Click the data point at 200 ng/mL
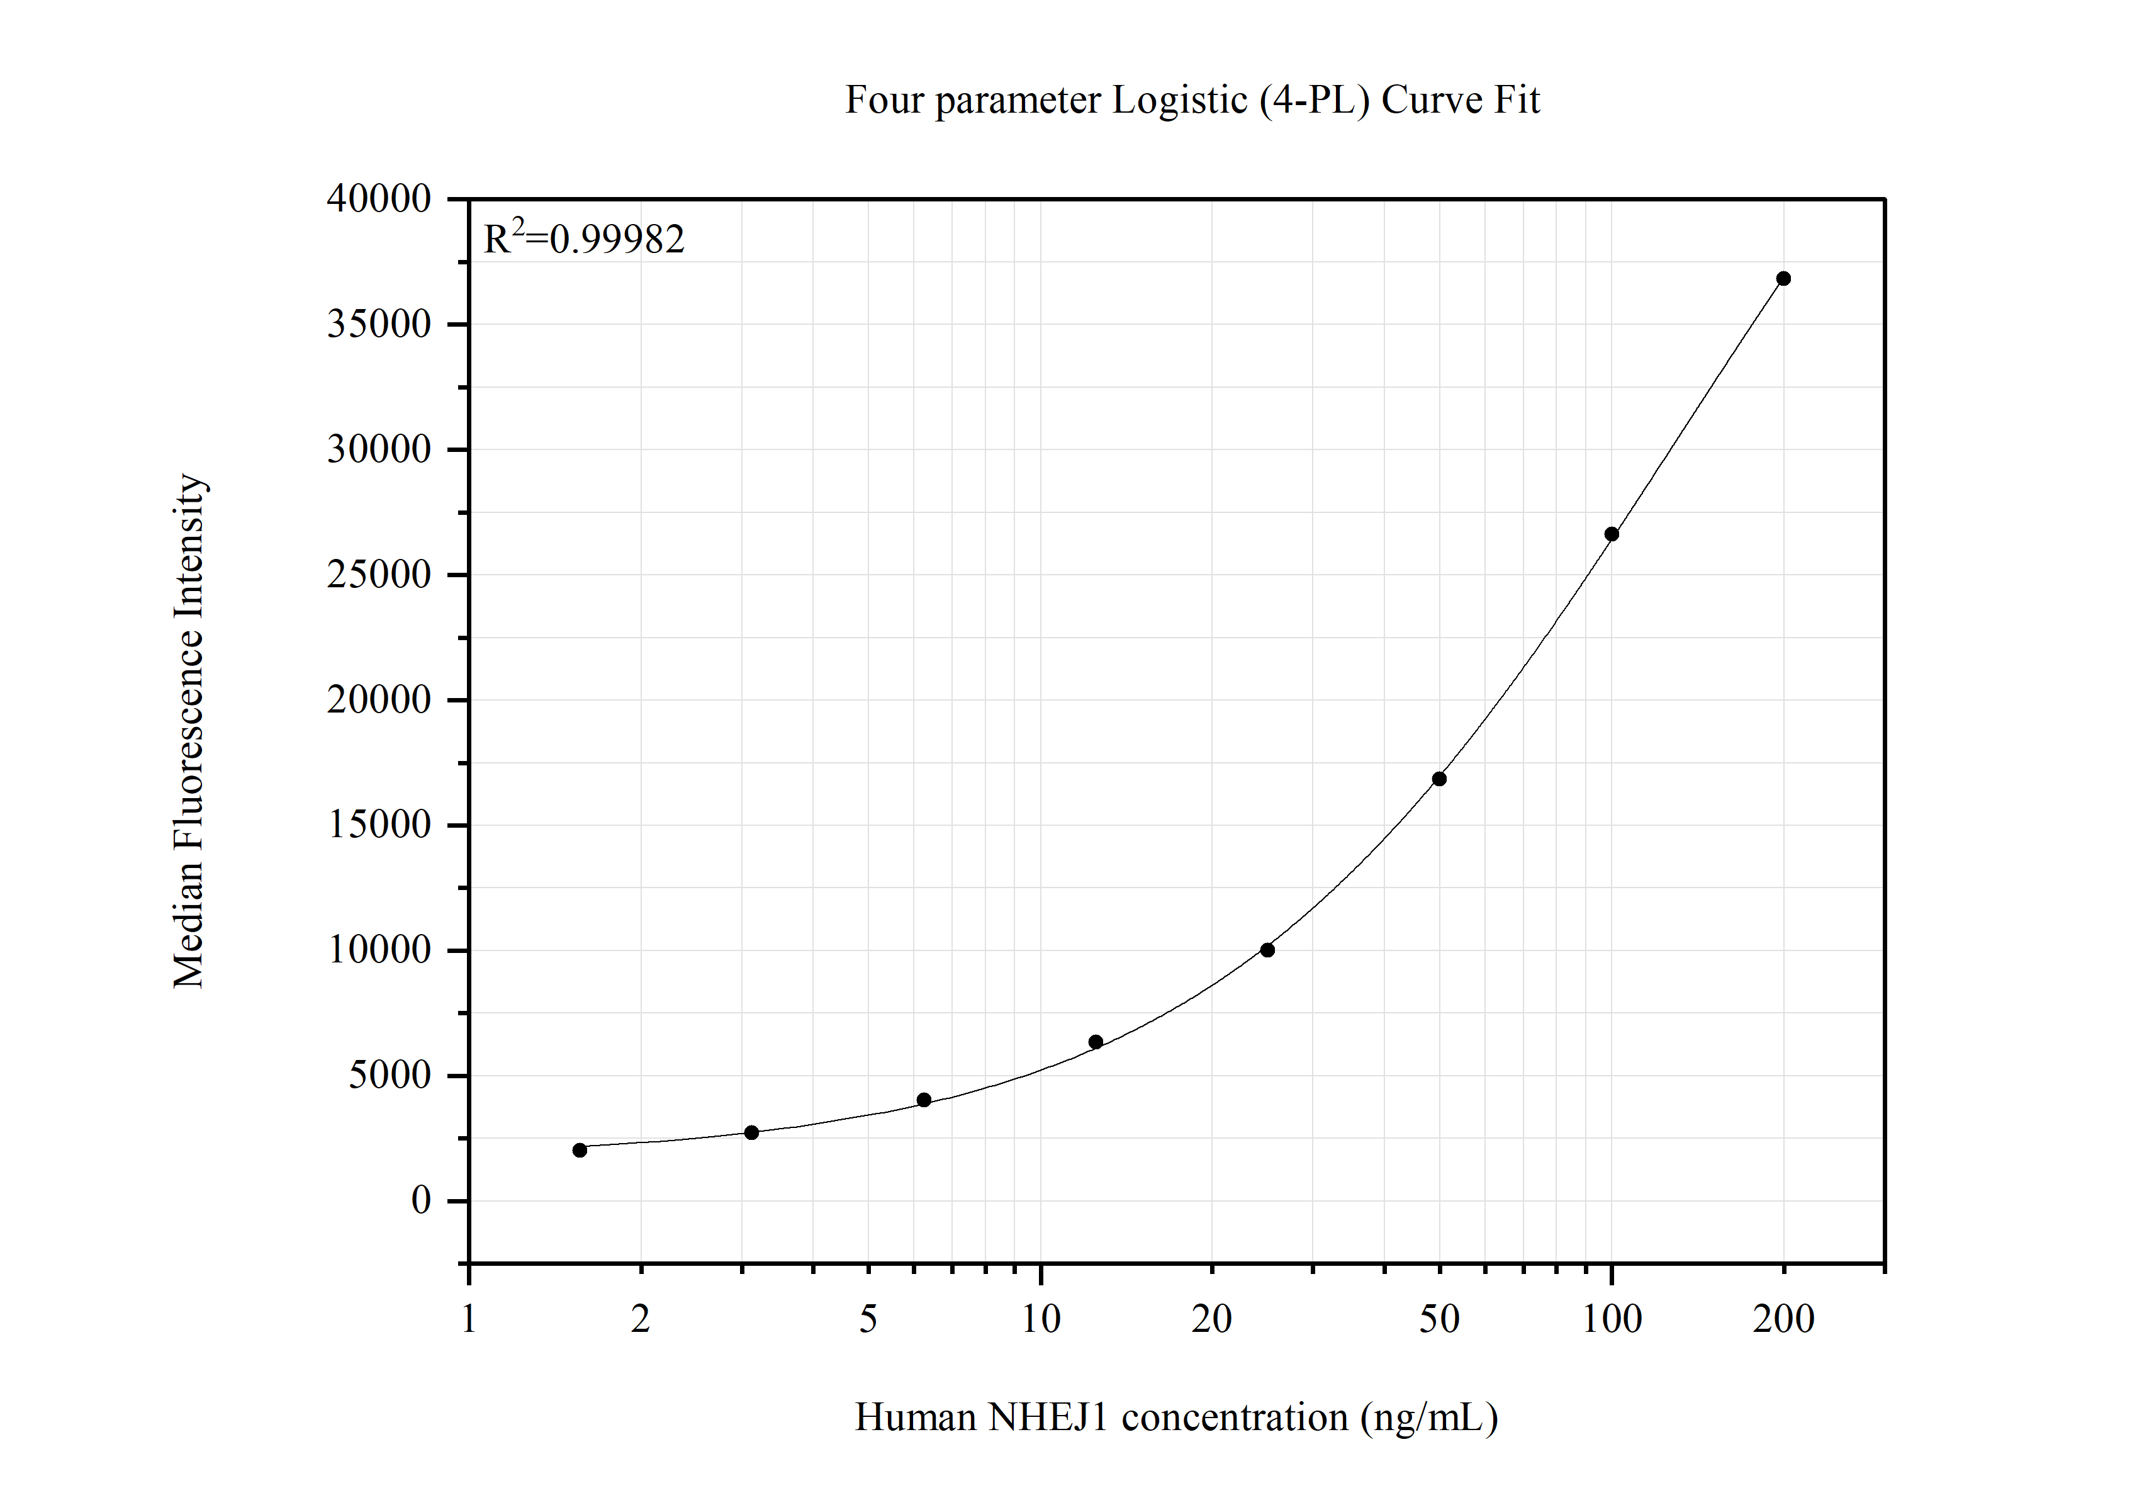tap(1783, 279)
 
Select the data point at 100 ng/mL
tap(1612, 534)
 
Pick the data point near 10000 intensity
tap(1267, 950)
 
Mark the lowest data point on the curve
tap(580, 1149)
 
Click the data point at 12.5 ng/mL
tap(1096, 1042)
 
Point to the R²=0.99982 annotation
tap(583, 239)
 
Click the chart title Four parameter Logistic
tap(1191, 99)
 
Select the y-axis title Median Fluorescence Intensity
tap(189, 731)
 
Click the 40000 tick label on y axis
tap(379, 199)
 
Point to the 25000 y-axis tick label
tap(379, 574)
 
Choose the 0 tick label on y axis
tap(421, 1200)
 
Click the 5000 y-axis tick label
tap(390, 1074)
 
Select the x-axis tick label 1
tap(468, 1319)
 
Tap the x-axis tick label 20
tap(1211, 1319)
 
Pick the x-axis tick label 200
tap(1783, 1319)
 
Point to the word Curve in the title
tap(1433, 99)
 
